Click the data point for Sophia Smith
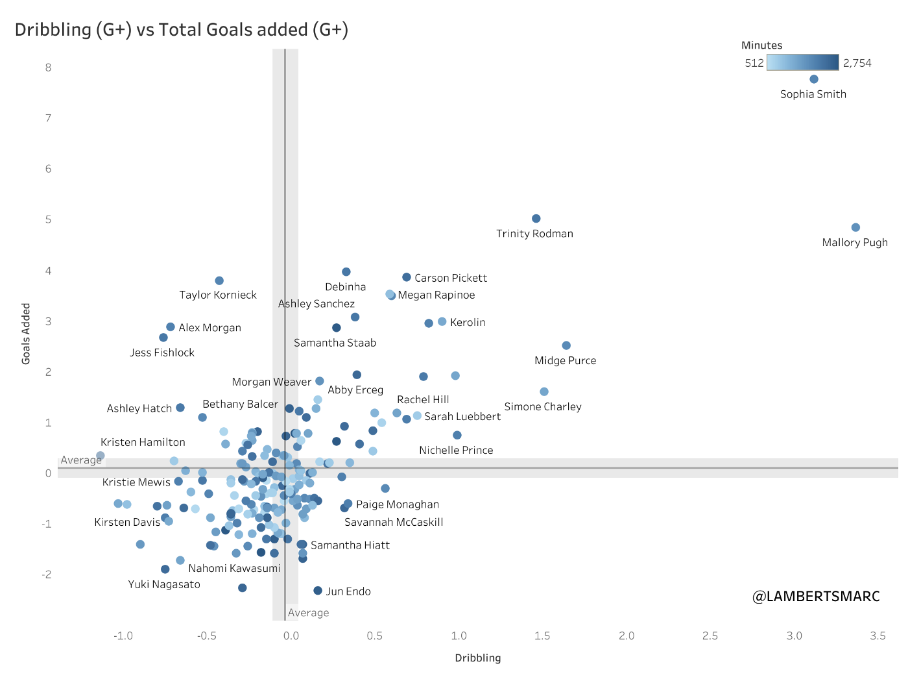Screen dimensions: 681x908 [814, 79]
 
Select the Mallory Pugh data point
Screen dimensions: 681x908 [855, 227]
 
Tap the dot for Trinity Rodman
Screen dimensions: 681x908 [536, 219]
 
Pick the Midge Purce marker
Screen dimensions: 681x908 [566, 345]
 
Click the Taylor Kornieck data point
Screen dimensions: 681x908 [219, 280]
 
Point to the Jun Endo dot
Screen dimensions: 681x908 [318, 591]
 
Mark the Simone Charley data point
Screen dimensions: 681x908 [544, 391]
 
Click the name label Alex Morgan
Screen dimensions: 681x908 [209, 328]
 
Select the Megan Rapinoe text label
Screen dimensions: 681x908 [436, 295]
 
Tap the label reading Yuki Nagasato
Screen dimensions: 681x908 [164, 584]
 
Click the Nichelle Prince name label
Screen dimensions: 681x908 [456, 450]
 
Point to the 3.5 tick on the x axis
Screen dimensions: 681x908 [878, 636]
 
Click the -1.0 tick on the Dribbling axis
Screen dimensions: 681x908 [123, 636]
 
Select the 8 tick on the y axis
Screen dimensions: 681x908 [49, 68]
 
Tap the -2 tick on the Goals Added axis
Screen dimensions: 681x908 [47, 575]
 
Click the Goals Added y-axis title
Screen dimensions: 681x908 [26, 334]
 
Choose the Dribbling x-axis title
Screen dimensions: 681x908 [478, 658]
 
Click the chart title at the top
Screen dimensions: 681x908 [182, 30]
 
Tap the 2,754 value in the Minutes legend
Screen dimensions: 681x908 [857, 63]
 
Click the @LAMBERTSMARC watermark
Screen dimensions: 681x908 [816, 596]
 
